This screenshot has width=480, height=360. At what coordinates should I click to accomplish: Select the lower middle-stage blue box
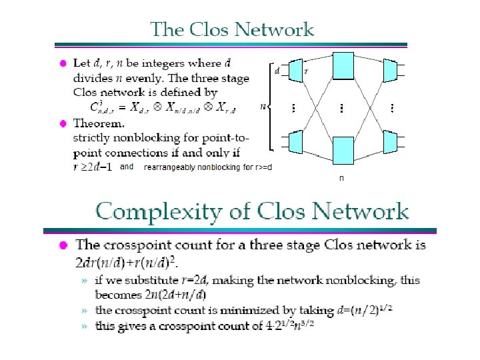pyautogui.click(x=343, y=150)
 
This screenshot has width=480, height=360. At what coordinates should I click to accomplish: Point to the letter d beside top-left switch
pyautogui.click(x=277, y=68)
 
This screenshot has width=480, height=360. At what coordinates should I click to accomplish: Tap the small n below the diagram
pyautogui.click(x=342, y=179)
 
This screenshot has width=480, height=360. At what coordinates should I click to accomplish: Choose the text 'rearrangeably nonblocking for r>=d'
pyautogui.click(x=208, y=167)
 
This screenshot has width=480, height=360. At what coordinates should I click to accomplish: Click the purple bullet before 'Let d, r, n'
pyautogui.click(x=61, y=64)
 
